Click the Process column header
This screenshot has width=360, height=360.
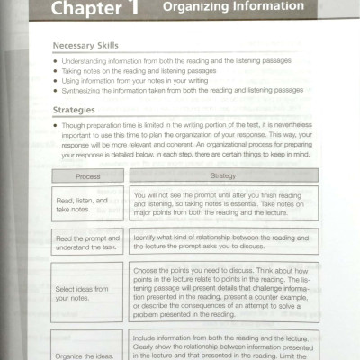click(88, 176)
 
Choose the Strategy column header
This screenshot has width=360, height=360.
click(222, 176)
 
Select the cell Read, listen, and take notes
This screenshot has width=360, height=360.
click(88, 204)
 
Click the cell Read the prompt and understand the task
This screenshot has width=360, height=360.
click(88, 241)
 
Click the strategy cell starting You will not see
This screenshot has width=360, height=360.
click(222, 204)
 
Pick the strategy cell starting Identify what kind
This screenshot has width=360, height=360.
click(222, 240)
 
